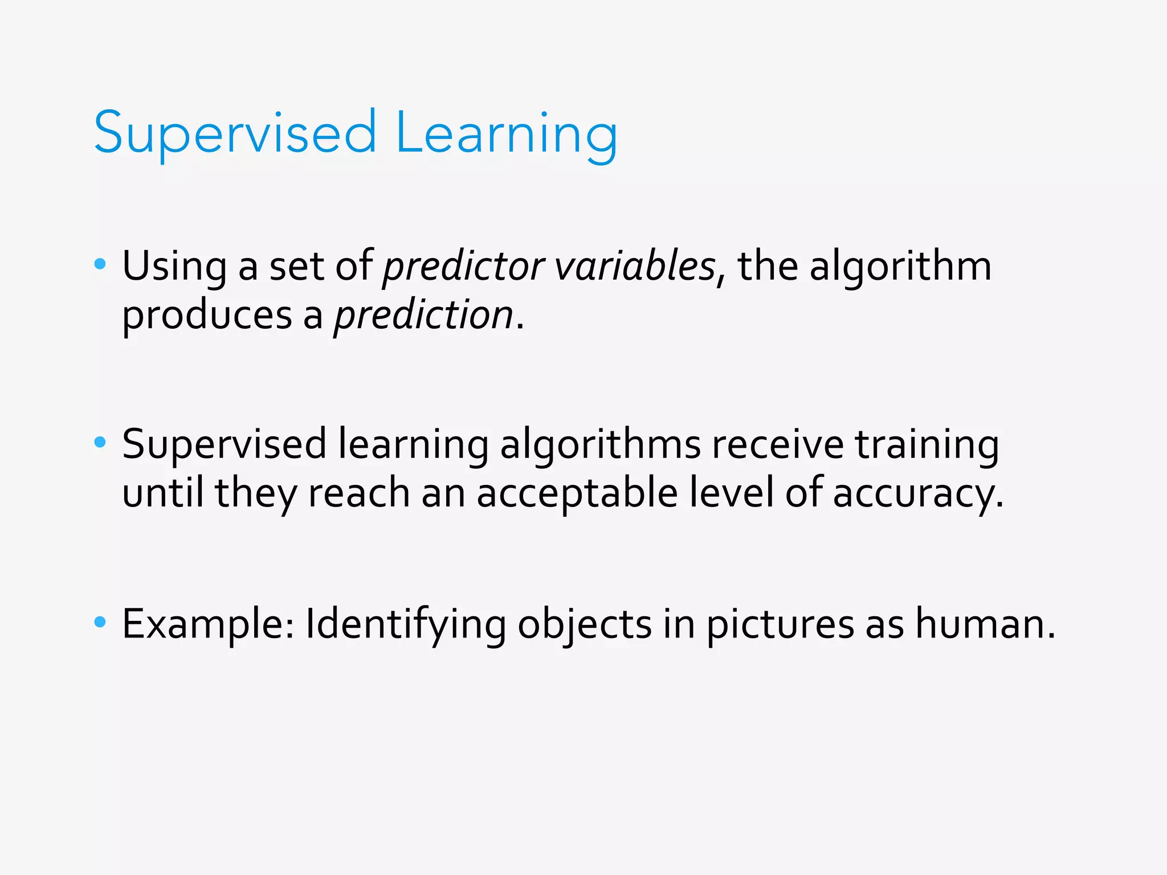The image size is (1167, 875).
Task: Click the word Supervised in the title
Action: click(x=235, y=133)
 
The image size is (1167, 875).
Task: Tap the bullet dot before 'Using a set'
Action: click(x=100, y=264)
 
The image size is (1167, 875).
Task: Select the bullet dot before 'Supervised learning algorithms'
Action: click(x=100, y=442)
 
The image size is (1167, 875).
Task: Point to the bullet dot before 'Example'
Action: click(x=100, y=622)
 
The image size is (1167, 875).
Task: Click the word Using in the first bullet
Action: click(x=174, y=267)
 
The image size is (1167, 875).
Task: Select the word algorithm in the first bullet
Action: click(x=900, y=267)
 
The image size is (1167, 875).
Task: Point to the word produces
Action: click(x=207, y=316)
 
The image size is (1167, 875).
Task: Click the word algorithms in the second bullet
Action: click(x=600, y=445)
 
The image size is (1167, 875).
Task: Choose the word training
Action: click(x=927, y=445)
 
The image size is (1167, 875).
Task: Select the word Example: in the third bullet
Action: click(x=209, y=624)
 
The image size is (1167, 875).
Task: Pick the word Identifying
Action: click(x=406, y=624)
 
